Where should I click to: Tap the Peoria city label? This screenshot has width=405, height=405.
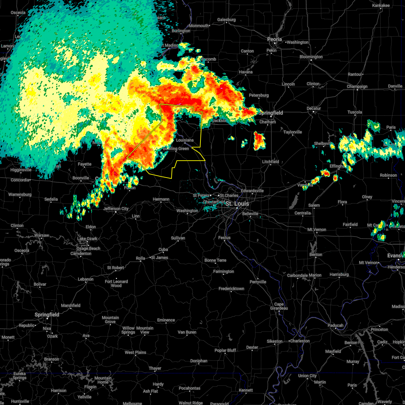click(274, 39)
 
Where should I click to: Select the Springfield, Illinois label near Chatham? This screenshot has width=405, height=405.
click(271, 113)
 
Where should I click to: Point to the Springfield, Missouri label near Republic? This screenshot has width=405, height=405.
click(47, 315)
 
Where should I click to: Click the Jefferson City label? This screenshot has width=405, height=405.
click(116, 209)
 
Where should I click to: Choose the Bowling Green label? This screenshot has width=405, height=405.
click(176, 149)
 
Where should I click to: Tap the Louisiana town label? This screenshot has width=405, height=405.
click(185, 140)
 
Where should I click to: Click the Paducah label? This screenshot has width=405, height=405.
click(335, 325)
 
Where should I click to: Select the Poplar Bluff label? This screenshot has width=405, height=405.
click(225, 350)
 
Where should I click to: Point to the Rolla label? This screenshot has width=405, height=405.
click(140, 258)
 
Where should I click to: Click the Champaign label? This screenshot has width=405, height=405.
click(357, 87)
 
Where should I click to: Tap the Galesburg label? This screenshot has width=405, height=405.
click(226, 20)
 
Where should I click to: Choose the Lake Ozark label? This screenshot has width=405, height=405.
click(87, 239)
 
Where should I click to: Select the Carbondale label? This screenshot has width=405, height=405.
click(297, 275)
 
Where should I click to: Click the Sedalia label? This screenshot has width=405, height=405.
click(51, 199)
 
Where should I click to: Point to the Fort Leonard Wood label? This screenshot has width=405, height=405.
click(116, 283)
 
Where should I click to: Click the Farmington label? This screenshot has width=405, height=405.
click(223, 271)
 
